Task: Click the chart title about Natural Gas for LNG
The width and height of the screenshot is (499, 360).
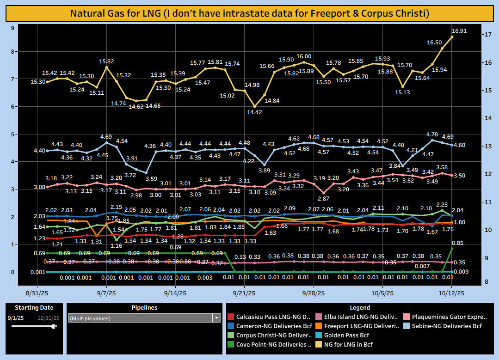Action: pyautogui.click(x=249, y=13)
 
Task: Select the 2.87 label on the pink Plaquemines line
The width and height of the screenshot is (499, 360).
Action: pyautogui.click(x=324, y=198)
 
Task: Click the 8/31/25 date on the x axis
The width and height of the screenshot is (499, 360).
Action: pyautogui.click(x=38, y=293)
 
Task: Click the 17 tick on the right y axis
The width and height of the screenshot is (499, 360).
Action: pyautogui.click(x=487, y=35)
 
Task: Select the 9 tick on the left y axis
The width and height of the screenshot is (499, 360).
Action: pyautogui.click(x=12, y=28)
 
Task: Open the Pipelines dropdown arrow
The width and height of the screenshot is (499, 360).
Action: pyautogui.click(x=216, y=318)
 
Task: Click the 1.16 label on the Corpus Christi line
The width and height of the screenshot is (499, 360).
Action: pyautogui.click(x=117, y=245)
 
